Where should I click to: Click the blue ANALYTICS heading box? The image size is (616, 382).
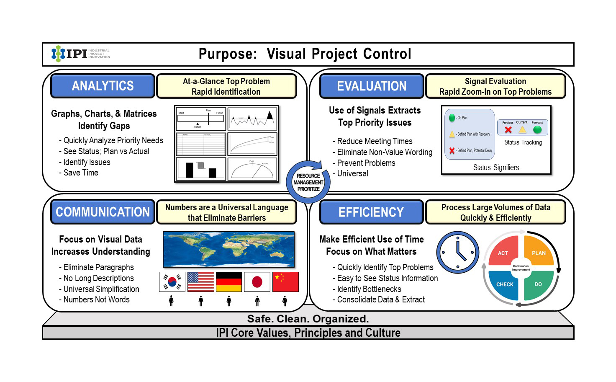tap(103, 86)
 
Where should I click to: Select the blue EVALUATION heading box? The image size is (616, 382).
tap(372, 86)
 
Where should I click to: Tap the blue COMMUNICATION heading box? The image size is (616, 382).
tap(103, 212)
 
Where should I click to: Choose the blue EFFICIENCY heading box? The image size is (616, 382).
tap(371, 212)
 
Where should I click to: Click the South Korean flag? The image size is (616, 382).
tap(172, 282)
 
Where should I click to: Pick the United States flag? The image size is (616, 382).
tap(201, 282)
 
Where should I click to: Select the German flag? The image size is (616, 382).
tap(229, 282)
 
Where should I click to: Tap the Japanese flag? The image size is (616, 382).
tap(257, 282)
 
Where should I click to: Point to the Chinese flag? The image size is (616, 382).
tap(285, 282)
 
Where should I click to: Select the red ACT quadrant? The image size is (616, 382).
tap(504, 251)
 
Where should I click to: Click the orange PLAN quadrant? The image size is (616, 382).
tap(538, 251)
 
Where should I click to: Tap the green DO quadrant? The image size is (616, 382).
tap(538, 285)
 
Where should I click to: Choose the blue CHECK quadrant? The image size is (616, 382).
tap(504, 285)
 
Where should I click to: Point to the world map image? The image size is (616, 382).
tap(228, 249)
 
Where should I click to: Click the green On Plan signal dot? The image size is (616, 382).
tap(452, 118)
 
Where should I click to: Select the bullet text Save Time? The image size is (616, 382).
tap(80, 173)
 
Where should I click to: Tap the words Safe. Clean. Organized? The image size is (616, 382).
tap(308, 319)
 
